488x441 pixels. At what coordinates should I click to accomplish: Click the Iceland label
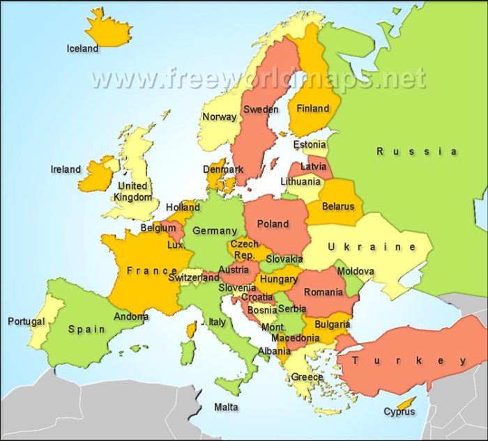(82, 49)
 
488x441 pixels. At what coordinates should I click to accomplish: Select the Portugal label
(26, 322)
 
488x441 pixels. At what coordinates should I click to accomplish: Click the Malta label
(226, 407)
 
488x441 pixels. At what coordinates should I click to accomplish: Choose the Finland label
(313, 109)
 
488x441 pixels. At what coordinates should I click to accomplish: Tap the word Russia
(417, 151)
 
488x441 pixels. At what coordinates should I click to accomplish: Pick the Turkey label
(409, 360)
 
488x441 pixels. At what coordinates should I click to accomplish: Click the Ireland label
(66, 169)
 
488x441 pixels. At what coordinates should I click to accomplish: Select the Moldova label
(356, 271)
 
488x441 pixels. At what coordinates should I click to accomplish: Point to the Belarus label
(338, 206)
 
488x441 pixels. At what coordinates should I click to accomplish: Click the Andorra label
(131, 316)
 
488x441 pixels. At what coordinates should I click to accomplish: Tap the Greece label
(307, 377)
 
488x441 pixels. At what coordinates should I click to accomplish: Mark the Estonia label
(309, 145)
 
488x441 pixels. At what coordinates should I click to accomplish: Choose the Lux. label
(176, 245)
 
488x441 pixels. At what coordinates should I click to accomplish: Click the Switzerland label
(194, 277)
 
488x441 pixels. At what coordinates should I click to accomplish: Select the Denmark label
(223, 169)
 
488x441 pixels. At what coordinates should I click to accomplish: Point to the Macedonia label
(295, 338)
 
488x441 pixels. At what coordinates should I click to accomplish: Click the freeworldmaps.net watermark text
(258, 78)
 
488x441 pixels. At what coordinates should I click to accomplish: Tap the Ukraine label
(372, 247)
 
